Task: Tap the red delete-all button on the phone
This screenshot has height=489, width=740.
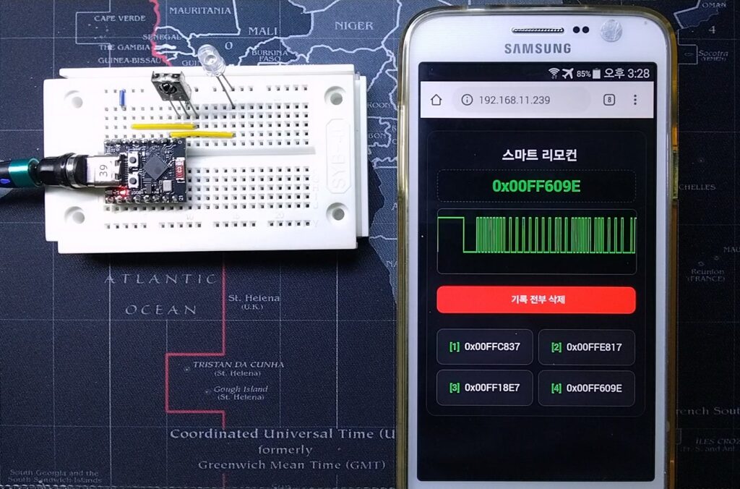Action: [x=536, y=299]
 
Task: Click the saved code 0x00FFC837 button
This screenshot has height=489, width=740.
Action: [x=484, y=346]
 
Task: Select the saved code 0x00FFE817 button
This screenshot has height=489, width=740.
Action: [x=586, y=346]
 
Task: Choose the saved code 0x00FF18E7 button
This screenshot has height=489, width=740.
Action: [x=484, y=388]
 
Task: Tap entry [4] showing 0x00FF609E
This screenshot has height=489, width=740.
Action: [x=586, y=388]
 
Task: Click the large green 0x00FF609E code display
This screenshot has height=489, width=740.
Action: [x=536, y=186]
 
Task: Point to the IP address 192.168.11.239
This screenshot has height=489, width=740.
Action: [x=514, y=100]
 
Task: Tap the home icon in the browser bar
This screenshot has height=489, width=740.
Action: [x=436, y=100]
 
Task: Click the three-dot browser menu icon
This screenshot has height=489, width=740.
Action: [x=635, y=100]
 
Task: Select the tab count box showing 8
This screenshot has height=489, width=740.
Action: [x=609, y=100]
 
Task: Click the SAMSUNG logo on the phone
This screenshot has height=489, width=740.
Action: [x=537, y=48]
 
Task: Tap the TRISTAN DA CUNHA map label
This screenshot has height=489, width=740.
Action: [x=238, y=365]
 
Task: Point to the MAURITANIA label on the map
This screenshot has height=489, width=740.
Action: [x=200, y=10]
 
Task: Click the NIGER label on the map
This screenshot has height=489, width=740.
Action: [x=354, y=25]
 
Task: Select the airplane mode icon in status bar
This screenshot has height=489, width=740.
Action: [x=568, y=73]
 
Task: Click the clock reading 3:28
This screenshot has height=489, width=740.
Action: [x=637, y=73]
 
